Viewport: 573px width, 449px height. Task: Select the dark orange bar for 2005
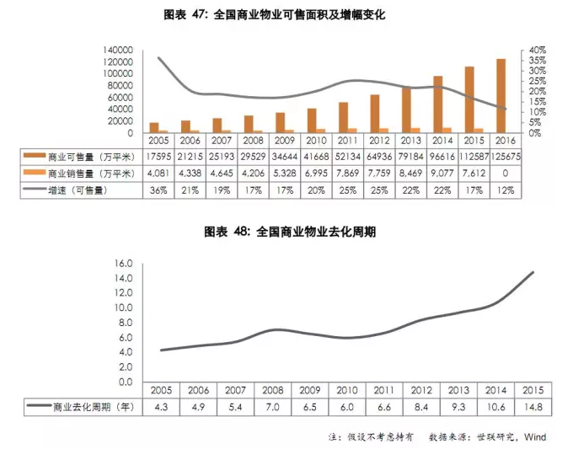tap(153, 127)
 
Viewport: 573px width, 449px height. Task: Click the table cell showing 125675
tap(505, 157)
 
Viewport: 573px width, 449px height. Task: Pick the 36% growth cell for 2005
tap(158, 190)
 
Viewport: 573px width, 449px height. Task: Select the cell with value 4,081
tap(158, 174)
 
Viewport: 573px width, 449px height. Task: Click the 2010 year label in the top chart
tap(316, 140)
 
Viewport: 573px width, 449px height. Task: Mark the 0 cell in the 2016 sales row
tap(505, 174)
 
